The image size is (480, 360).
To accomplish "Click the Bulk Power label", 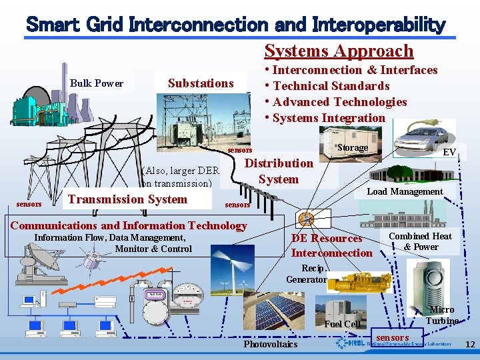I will (97, 83).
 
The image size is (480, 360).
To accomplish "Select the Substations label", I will (201, 83).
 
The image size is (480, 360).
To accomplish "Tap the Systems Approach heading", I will (339, 51).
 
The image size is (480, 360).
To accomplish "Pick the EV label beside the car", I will (449, 153).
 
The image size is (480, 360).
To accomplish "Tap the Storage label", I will (352, 147).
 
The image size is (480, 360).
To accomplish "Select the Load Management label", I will (405, 191).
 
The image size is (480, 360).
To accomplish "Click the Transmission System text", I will (127, 199).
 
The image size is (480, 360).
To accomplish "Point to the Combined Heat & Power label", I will (420, 241).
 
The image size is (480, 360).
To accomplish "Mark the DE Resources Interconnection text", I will (331, 245).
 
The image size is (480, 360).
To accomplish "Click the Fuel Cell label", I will (342, 324).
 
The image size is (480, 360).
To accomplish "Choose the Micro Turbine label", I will (442, 315).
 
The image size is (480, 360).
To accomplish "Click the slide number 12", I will (469, 345).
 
